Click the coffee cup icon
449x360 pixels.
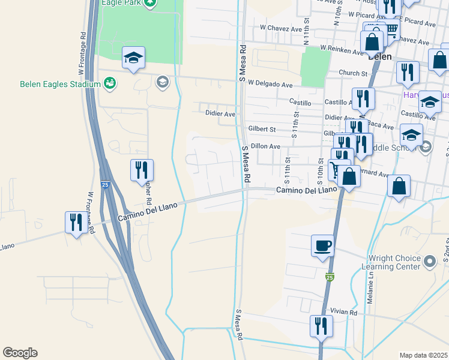pyautogui.click(x=323, y=245)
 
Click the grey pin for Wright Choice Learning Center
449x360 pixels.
pyautogui.click(x=429, y=262)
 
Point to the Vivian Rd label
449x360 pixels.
pyautogui.click(x=344, y=312)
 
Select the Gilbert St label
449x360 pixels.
pyautogui.click(x=262, y=129)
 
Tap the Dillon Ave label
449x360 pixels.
pyautogui.click(x=265, y=146)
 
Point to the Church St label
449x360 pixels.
pyautogui.click(x=352, y=73)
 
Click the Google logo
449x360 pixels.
pyautogui.click(x=20, y=353)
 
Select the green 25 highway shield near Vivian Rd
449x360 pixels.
pyautogui.click(x=330, y=277)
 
